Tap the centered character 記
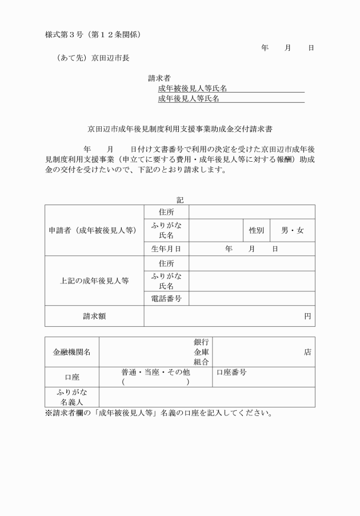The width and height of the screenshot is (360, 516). [180, 199]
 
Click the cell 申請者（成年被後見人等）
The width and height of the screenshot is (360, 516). [94, 230]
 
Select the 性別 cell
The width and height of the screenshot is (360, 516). [256, 230]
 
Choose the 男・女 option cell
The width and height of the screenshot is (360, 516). [292, 230]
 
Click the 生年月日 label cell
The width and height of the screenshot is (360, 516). [166, 249]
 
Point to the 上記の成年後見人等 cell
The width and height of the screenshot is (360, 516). [94, 281]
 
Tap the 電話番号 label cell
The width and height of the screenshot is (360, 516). [166, 299]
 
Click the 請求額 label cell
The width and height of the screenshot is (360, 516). [94, 316]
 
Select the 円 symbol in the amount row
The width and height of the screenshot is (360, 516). [307, 316]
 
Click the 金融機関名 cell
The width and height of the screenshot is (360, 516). [72, 352]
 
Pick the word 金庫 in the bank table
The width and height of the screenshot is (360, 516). [201, 352]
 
